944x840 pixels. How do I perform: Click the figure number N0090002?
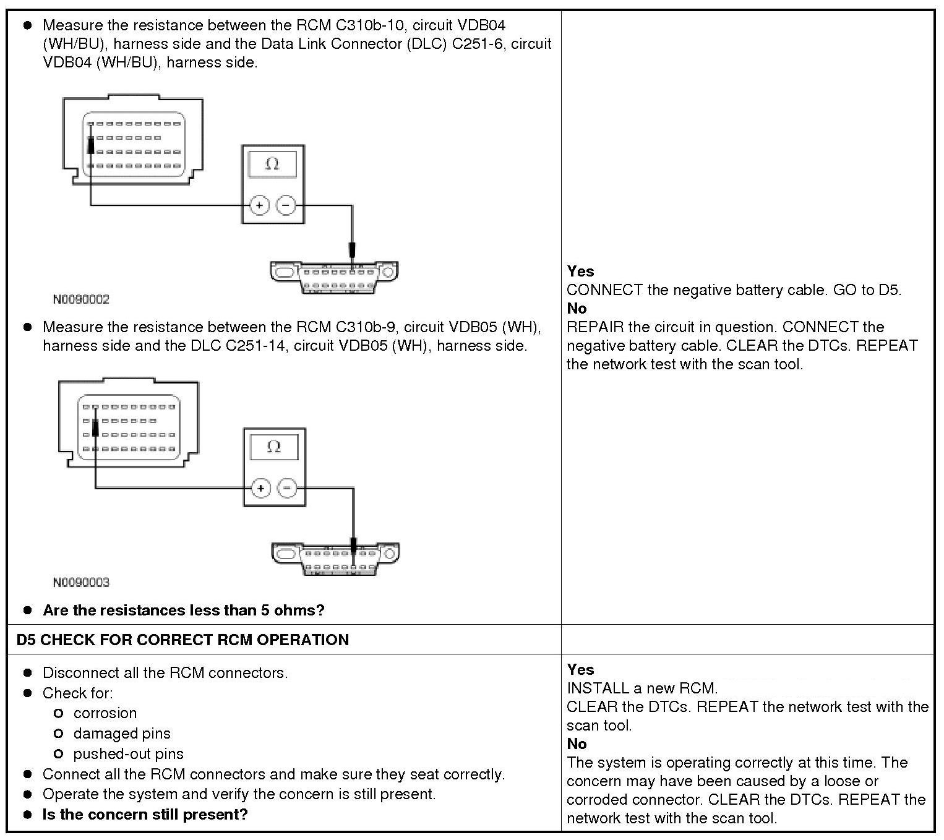[x=81, y=299]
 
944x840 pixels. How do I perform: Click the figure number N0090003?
[x=81, y=582]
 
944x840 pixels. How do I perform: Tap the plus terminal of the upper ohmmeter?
[x=259, y=205]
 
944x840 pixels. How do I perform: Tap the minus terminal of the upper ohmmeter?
[x=286, y=205]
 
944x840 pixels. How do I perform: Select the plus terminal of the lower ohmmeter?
[x=261, y=489]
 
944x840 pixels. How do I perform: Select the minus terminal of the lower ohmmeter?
[x=287, y=489]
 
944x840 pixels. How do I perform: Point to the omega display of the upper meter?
[x=272, y=164]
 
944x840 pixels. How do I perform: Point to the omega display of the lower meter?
[x=274, y=447]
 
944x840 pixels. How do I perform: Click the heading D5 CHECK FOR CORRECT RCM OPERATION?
[x=182, y=640]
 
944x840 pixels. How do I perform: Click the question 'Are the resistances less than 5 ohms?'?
[x=183, y=611]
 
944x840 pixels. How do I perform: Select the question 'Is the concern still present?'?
[x=145, y=814]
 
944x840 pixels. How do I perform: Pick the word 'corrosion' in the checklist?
[x=105, y=713]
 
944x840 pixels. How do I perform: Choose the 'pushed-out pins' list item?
[x=128, y=754]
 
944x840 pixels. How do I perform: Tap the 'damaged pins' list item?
[x=122, y=734]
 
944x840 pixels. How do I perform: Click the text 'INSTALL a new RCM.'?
[x=642, y=688]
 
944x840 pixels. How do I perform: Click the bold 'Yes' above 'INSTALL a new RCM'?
[x=580, y=669]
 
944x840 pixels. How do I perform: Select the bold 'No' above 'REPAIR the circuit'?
[x=577, y=308]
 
